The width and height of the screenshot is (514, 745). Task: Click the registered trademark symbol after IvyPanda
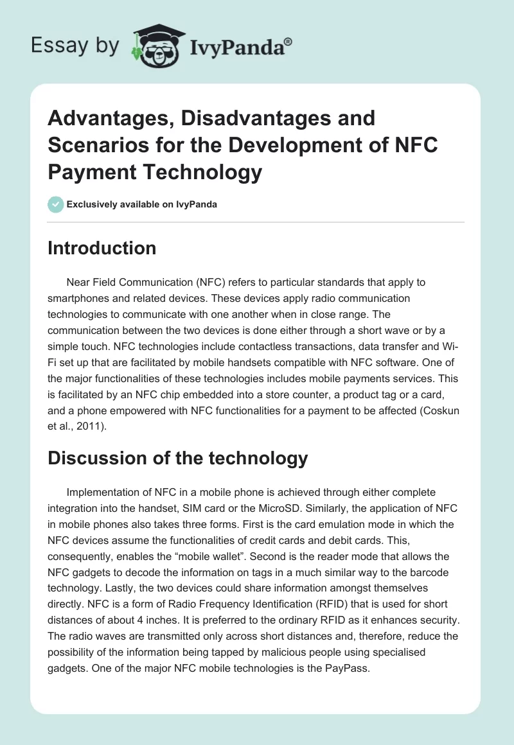(x=288, y=42)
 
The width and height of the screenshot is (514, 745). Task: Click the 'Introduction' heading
(x=102, y=248)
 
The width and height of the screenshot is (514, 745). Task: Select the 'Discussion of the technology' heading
(x=178, y=458)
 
